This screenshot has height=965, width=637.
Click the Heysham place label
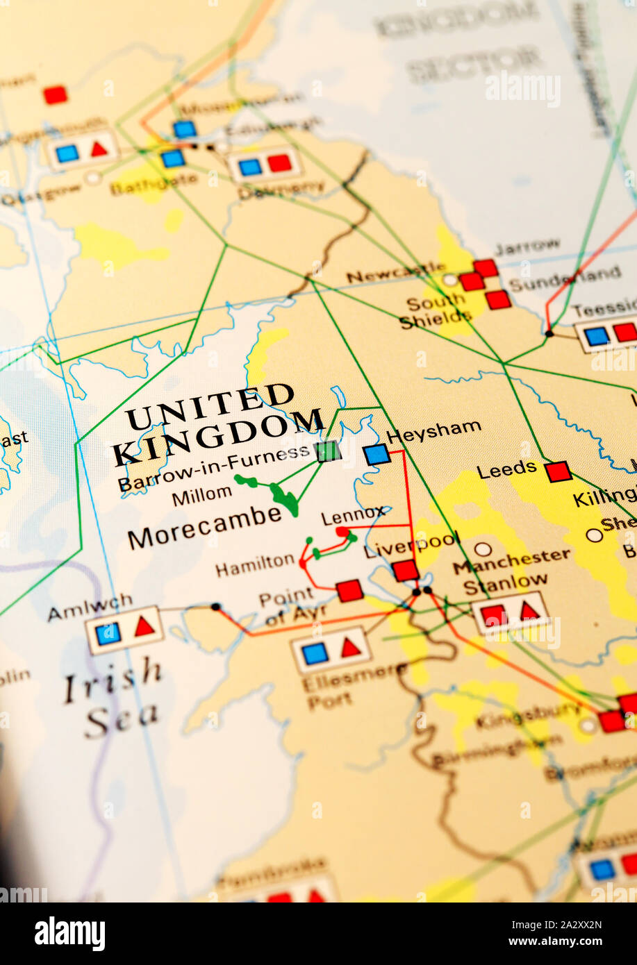click(433, 431)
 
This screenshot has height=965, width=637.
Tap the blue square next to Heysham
click(377, 455)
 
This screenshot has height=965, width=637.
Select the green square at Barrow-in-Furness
click(328, 451)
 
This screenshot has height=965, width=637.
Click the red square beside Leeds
click(558, 471)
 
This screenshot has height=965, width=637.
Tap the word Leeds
click(506, 470)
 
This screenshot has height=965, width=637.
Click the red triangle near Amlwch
click(144, 627)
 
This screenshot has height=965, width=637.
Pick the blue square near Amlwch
click(108, 633)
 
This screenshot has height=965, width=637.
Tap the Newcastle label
click(395, 273)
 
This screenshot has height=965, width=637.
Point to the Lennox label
click(353, 516)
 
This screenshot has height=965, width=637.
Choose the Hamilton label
click(255, 565)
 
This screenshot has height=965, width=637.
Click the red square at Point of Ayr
click(349, 590)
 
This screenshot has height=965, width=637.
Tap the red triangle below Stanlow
click(529, 611)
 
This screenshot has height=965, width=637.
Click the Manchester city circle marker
click(483, 549)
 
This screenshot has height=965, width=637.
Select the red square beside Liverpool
click(405, 571)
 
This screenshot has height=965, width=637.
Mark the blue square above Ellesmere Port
click(315, 653)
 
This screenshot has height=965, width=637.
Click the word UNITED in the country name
click(210, 408)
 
